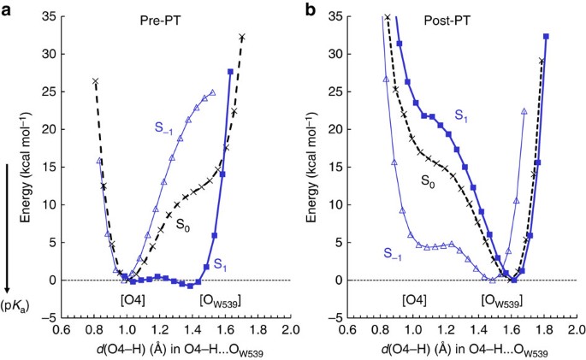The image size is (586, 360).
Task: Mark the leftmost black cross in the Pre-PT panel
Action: pos(95,80)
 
